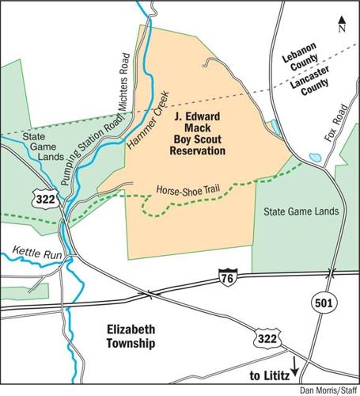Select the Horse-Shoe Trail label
pos(189,191)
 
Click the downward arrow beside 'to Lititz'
pos(294,366)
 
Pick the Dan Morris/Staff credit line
pos(328,390)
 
